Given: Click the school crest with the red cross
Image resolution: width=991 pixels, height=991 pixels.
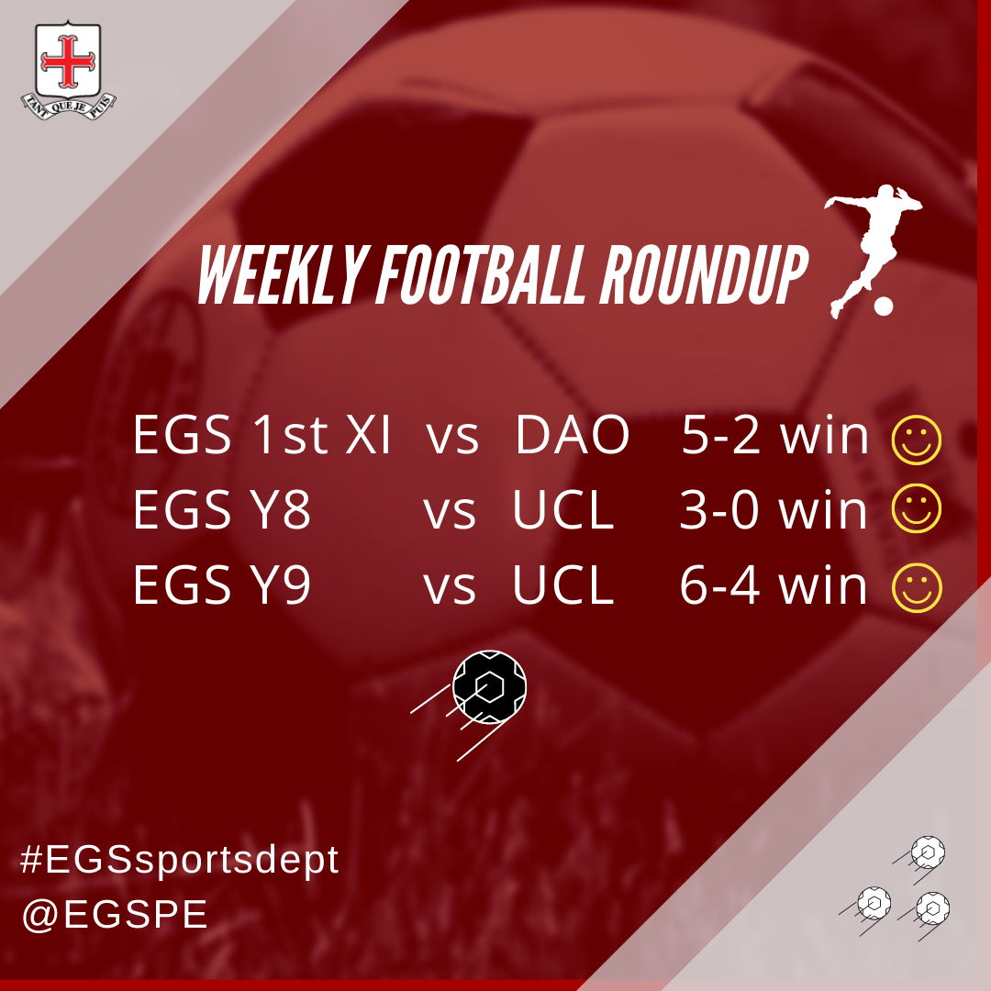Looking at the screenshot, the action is [x=68, y=70].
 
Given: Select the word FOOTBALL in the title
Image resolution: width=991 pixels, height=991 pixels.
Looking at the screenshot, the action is [x=482, y=275].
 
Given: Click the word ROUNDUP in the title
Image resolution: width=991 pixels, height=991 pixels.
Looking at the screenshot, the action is [x=704, y=275].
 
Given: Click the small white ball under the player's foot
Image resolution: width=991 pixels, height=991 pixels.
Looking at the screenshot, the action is [x=884, y=306].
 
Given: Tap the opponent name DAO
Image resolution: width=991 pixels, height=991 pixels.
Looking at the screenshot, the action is [x=572, y=436].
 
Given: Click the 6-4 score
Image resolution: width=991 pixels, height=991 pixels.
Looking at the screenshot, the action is [x=719, y=585].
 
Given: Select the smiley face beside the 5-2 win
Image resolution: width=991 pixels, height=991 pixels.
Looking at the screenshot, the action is [x=917, y=440].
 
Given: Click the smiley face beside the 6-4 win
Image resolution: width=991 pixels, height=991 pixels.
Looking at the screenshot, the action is [x=917, y=588].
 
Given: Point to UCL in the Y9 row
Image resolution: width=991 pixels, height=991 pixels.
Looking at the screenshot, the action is [x=563, y=585].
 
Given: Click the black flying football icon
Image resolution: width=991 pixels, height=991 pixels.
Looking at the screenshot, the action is [x=488, y=687].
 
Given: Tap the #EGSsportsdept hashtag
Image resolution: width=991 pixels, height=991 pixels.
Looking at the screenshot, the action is [x=180, y=860].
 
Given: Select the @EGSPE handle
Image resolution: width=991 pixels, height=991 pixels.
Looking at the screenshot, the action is [x=115, y=915].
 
